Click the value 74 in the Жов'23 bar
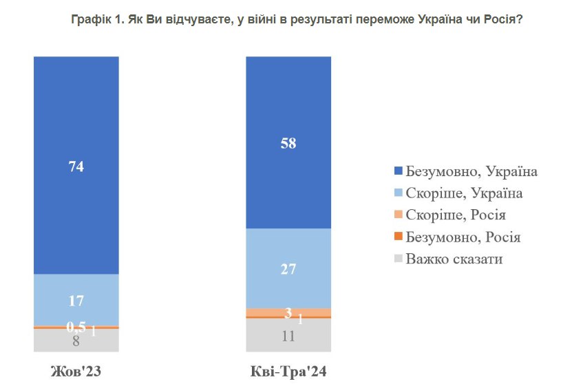76,166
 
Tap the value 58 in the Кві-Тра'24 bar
288,142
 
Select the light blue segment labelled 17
76,300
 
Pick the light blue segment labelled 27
288,268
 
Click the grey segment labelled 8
76,339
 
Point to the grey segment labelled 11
288,336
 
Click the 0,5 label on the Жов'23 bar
75,326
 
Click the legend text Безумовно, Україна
472,171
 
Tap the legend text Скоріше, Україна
464,193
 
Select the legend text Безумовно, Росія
463,237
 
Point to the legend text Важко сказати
454,259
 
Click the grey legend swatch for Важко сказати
397,259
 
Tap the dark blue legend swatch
397,171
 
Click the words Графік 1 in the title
96,21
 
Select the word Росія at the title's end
502,21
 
